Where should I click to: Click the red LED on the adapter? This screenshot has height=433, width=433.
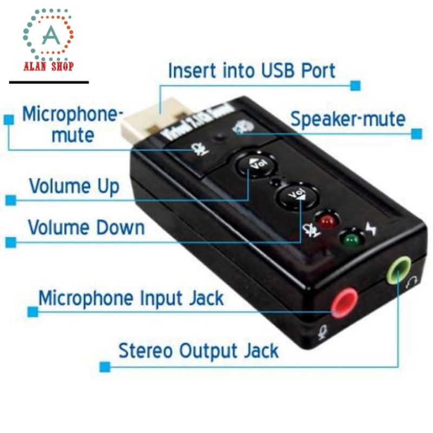(326, 221)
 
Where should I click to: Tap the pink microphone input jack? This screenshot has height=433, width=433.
(344, 304)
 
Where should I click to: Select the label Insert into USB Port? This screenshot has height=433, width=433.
(251, 71)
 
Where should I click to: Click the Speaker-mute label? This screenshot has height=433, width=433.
(347, 119)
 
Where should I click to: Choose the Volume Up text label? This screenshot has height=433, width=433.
(74, 187)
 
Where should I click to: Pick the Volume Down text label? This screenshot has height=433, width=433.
(86, 227)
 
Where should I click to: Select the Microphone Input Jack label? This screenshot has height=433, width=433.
(130, 298)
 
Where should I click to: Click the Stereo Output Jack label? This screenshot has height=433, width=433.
(198, 351)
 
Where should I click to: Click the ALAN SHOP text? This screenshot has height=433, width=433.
(48, 67)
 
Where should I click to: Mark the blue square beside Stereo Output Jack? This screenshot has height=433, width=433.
(105, 366)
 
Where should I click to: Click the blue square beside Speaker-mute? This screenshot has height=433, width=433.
(416, 133)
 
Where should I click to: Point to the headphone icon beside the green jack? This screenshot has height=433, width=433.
(413, 281)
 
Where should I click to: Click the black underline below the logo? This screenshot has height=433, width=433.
(49, 82)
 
